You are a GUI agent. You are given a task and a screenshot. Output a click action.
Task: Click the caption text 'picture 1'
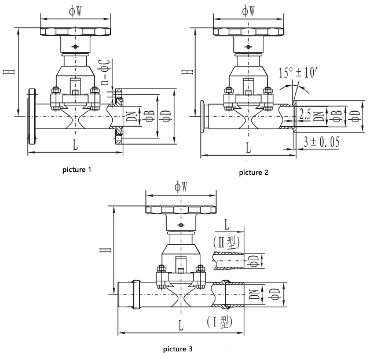point(77,170)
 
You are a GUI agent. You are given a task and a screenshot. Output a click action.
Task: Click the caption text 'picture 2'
point(254,172)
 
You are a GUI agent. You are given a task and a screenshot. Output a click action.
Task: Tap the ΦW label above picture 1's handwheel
point(75,10)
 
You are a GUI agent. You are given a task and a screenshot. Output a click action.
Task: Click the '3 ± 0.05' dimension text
point(321,141)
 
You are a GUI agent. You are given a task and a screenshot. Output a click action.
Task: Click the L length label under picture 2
point(248,148)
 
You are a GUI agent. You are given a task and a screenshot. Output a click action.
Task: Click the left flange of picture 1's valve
point(31,115)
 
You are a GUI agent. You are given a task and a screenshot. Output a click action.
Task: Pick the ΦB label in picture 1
point(149,114)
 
